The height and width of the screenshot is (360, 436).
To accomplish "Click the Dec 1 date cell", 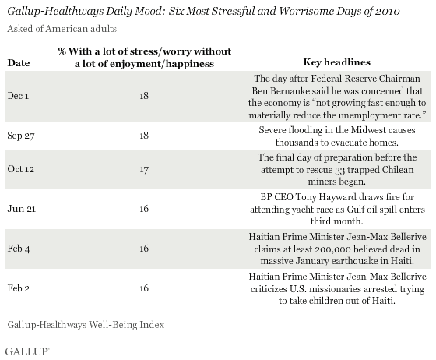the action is [18, 96].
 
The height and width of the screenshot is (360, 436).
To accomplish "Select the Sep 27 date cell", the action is [21, 136].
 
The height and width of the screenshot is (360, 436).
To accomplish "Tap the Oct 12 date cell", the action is [21, 169].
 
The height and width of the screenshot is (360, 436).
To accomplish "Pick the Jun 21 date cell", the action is [22, 209].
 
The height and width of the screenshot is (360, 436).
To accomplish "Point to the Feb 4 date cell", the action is [19, 249].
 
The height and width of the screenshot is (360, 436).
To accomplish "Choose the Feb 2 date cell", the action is [19, 288].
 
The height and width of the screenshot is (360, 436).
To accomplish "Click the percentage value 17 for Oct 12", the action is [144, 169].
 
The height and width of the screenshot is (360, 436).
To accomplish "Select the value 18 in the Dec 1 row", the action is [144, 96].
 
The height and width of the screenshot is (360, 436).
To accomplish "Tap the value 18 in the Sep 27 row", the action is [144, 136].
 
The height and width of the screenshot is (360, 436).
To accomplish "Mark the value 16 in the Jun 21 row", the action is [144, 209].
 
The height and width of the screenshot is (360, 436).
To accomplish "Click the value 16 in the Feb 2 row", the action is [144, 288].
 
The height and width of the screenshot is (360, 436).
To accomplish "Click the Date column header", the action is [19, 63].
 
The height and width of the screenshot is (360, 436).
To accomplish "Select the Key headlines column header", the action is [337, 62].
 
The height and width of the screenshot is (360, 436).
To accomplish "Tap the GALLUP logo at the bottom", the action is [27, 351].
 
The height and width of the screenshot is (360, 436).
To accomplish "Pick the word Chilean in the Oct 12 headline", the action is [398, 170].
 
